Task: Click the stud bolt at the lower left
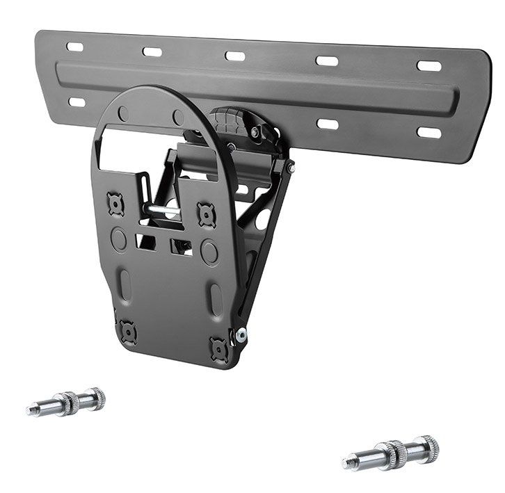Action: click(x=67, y=403)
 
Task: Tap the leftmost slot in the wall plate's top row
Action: click(x=74, y=47)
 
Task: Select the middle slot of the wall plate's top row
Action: click(x=235, y=56)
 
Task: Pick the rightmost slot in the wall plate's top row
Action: click(x=428, y=66)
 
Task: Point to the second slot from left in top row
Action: click(x=152, y=51)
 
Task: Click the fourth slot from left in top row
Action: click(x=327, y=61)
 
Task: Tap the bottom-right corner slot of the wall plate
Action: click(x=428, y=132)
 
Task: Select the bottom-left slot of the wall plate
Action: click(x=77, y=102)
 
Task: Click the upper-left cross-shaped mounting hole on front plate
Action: click(x=115, y=203)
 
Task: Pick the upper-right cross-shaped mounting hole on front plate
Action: click(x=206, y=214)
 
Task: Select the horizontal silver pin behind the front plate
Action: click(x=164, y=207)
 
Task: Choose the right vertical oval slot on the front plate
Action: click(x=216, y=298)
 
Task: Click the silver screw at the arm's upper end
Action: click(x=289, y=166)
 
